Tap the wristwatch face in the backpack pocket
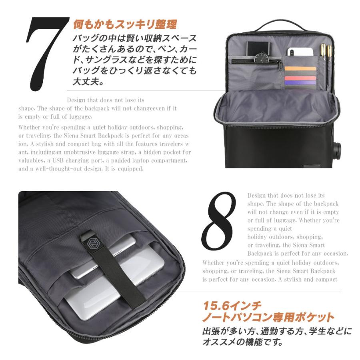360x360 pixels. (x=262, y=58)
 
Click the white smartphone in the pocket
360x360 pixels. (x=300, y=52)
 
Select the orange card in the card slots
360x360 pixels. (x=300, y=68)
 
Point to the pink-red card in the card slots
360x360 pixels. (x=300, y=76)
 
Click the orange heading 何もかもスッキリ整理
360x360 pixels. (x=125, y=25)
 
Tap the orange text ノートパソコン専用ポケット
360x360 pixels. (x=268, y=318)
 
